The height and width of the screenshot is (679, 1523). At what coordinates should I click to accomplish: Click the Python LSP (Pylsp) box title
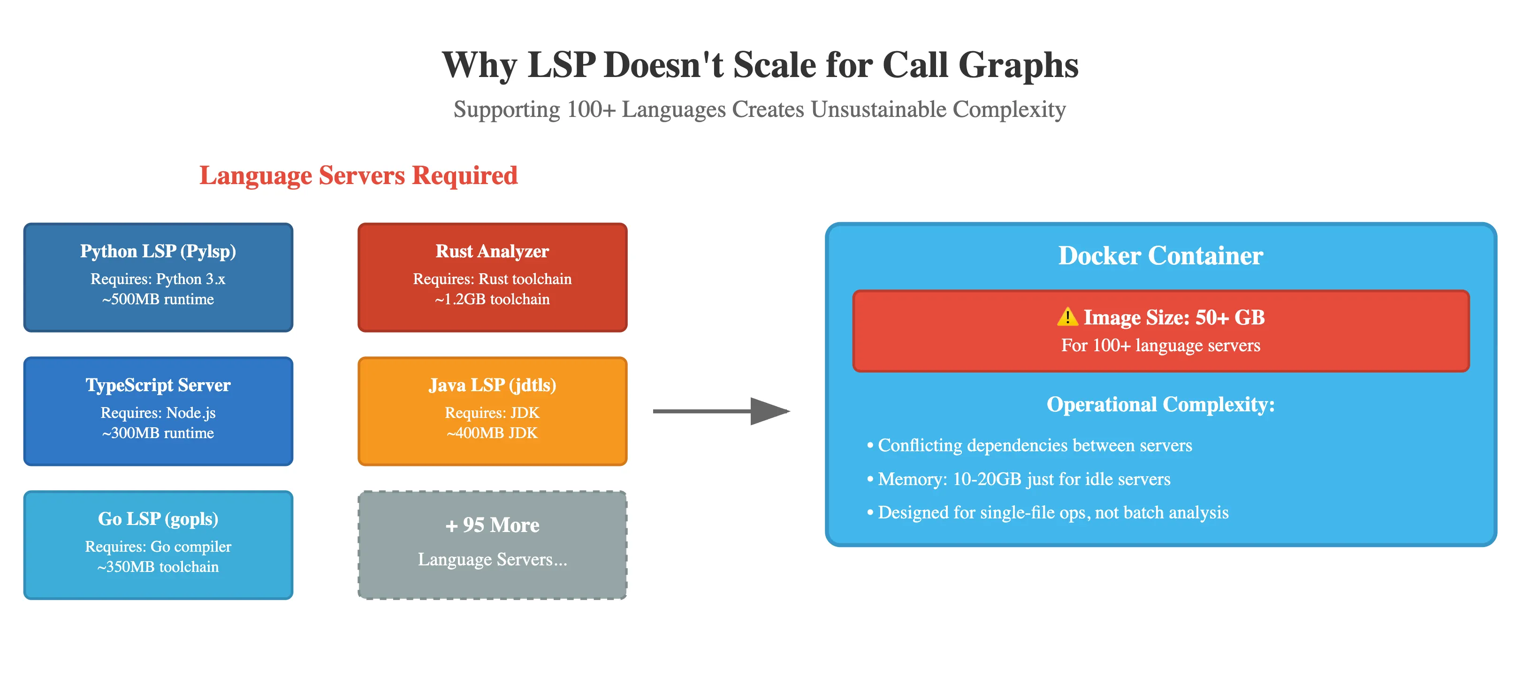point(158,251)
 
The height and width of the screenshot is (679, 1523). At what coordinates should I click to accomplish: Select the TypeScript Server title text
point(158,385)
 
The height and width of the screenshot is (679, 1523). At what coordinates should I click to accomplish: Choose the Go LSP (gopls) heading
point(158,519)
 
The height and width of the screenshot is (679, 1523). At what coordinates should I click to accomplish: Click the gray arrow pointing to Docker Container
point(721,411)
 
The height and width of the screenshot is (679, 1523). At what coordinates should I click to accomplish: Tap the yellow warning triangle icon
point(1067,317)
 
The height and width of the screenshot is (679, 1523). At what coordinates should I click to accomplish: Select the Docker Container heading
point(1161,255)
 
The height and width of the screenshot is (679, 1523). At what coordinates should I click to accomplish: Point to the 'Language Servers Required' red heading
point(358,176)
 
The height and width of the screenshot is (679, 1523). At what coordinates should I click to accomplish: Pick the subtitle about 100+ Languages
point(760,109)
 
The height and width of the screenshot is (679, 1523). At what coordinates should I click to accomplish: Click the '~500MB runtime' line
point(158,299)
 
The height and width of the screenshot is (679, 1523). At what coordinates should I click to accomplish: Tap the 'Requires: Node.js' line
point(158,413)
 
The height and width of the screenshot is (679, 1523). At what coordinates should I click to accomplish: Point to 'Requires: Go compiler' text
point(158,547)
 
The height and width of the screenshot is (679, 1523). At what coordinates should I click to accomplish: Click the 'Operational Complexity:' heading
point(1161,405)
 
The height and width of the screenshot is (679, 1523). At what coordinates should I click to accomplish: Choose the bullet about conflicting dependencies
point(1029,445)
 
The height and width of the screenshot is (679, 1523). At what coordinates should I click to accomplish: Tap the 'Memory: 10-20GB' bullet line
point(1018,479)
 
